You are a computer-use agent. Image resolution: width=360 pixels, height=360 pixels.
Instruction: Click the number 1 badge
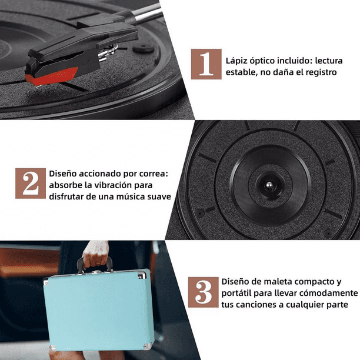[x=206, y=64]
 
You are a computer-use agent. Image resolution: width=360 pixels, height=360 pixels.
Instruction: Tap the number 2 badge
[x=31, y=183]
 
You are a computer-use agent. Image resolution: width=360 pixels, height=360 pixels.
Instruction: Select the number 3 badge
[x=203, y=292]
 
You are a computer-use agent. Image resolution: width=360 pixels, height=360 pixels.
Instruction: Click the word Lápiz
[x=236, y=61]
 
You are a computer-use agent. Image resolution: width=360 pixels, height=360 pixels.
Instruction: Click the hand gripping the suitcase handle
[x=95, y=255]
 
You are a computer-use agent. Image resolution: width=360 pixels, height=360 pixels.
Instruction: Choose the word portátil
[x=236, y=294]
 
